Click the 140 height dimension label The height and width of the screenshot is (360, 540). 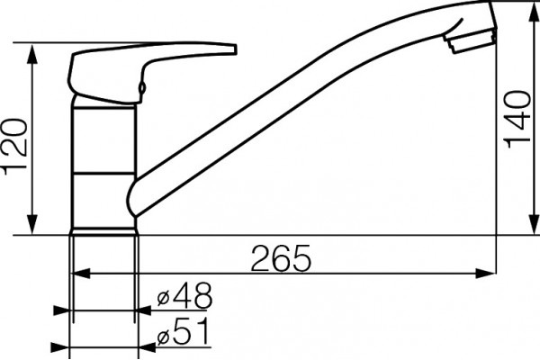tap(517, 120)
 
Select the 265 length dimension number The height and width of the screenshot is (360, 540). tap(281, 258)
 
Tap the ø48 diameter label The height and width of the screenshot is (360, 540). tap(184, 295)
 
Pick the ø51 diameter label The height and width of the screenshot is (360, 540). tap(183, 331)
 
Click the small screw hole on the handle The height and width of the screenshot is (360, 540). tap(141, 87)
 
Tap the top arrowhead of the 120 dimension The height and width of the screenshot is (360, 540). tap(32, 54)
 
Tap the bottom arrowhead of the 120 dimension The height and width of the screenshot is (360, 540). tap(32, 224)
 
